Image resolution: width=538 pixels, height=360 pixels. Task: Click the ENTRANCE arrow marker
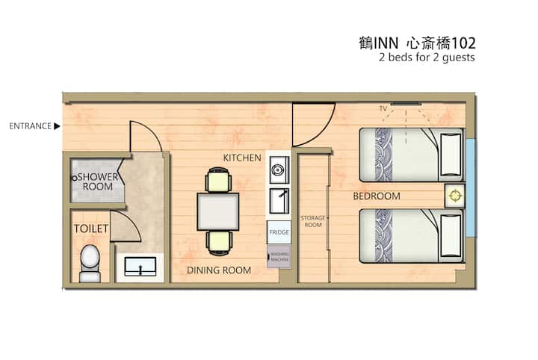[57, 126]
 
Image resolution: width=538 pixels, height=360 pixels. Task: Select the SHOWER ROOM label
[98, 181]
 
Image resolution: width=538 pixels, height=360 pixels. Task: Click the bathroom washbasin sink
[140, 267]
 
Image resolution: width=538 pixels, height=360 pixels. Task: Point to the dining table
[218, 211]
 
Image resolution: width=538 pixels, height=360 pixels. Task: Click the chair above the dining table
[218, 180]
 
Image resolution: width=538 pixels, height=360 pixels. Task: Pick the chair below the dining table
[219, 243]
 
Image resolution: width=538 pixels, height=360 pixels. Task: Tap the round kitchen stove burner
[277, 170]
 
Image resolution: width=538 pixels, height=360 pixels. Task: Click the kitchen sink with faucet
[279, 201]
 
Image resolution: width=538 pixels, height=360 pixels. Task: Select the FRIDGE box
[279, 232]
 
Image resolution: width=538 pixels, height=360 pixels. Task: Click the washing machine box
[279, 256]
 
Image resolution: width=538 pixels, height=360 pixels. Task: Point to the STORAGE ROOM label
[313, 222]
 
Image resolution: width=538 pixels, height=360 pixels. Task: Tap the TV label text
[383, 109]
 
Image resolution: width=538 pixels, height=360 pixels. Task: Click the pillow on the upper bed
[451, 155]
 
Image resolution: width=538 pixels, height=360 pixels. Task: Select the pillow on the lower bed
[451, 236]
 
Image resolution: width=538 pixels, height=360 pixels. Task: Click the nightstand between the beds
[454, 196]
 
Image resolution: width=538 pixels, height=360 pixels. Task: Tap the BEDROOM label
[377, 196]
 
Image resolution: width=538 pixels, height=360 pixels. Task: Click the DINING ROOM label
[219, 270]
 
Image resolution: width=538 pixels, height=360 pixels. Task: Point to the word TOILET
[91, 229]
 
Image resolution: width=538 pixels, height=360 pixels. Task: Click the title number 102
[463, 43]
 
